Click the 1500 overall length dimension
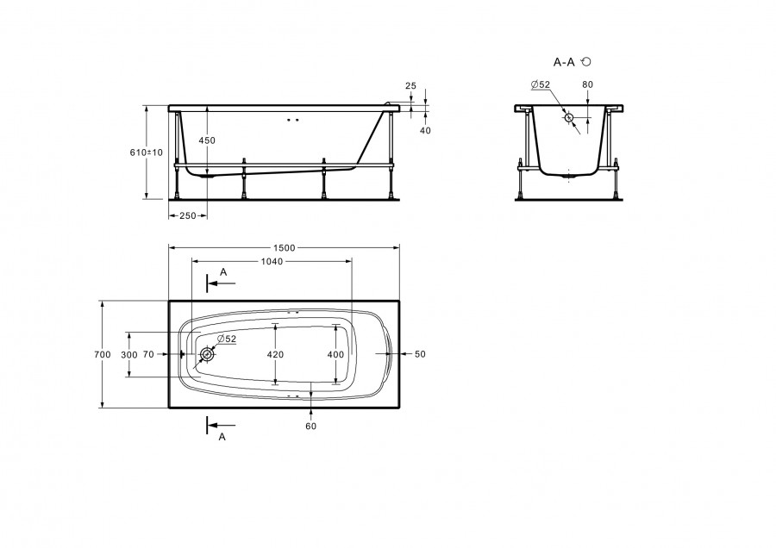point(284,248)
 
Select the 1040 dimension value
point(272,261)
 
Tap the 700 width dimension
point(103,354)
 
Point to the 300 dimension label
point(129,355)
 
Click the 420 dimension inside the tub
point(275,355)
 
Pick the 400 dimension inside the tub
point(335,355)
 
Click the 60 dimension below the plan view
point(310,426)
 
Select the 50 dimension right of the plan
point(420,354)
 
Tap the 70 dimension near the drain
point(148,354)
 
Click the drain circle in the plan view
point(207,354)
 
